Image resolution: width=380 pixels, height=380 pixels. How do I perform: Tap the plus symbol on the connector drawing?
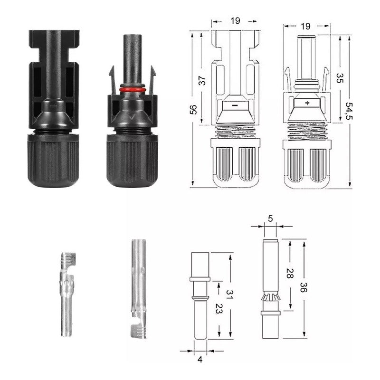(x=307, y=103)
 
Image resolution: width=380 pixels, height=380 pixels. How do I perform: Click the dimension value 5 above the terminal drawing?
(x=270, y=218)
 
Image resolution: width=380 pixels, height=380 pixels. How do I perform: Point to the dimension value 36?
(x=302, y=288)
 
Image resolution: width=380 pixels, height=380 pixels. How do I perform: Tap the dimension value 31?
(x=229, y=295)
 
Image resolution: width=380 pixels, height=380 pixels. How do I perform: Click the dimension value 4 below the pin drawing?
(x=199, y=360)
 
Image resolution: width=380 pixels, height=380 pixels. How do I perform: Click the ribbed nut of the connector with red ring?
(x=132, y=160)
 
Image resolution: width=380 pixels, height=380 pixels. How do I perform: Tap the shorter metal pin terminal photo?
(x=66, y=294)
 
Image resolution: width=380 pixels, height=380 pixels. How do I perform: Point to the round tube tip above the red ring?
(x=131, y=52)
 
